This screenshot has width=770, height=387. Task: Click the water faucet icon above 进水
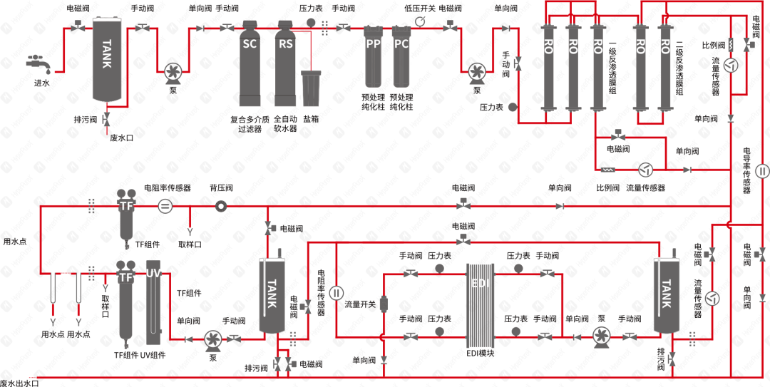[x=39, y=63]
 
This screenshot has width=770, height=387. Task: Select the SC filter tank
[x=250, y=63]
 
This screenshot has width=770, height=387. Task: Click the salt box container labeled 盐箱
[x=311, y=88]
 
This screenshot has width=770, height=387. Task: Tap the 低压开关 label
[x=420, y=9]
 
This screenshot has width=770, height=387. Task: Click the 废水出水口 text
[x=19, y=383]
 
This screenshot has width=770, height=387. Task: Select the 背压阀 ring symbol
[x=220, y=207]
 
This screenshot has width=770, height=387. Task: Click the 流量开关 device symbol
[x=384, y=304]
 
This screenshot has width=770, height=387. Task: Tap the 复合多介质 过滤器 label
[x=250, y=124]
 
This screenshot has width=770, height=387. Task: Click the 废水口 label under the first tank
[x=121, y=138]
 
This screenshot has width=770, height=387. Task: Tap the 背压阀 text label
[x=220, y=187]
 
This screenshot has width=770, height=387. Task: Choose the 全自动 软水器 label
[x=285, y=124]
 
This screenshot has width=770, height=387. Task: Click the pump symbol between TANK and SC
[x=173, y=72]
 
